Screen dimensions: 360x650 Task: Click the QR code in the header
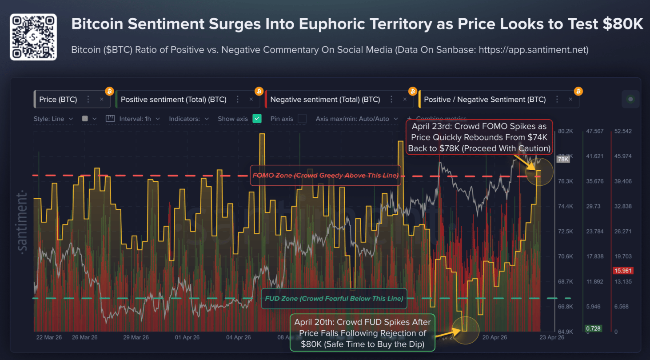33,37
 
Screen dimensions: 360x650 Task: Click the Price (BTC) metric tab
58,100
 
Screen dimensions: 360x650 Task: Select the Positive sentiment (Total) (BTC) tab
173,100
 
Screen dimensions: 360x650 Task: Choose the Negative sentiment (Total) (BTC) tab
325,100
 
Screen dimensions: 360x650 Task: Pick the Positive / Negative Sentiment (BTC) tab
485,100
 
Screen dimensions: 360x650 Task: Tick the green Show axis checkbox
257,119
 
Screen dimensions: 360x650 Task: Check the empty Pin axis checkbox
302,119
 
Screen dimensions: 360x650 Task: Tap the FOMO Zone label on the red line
325,176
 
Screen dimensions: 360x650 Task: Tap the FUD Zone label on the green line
334,298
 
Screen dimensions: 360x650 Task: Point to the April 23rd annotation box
479,137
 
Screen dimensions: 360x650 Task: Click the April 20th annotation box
362,333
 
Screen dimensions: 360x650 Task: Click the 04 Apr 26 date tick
238,337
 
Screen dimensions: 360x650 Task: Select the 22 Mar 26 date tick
49,337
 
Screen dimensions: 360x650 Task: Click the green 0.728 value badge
593,328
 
